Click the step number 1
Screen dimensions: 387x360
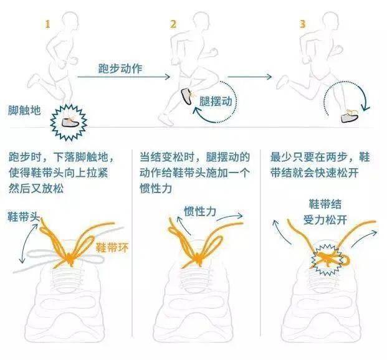[47, 24]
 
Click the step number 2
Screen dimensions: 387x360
[173, 24]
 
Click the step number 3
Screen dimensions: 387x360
[303, 24]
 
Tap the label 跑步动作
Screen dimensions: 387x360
[120, 69]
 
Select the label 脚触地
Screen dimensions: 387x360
[24, 110]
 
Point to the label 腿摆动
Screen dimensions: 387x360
[216, 102]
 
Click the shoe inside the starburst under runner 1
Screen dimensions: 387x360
[70, 122]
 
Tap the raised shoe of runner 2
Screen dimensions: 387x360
[187, 97]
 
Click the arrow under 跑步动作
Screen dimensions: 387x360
[124, 77]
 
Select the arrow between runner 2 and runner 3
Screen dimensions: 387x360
[249, 77]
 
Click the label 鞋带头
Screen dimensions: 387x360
[24, 217]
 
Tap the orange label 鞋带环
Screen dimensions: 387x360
[112, 247]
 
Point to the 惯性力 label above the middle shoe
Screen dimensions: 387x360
[200, 212]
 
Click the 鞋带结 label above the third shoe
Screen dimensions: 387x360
[325, 204]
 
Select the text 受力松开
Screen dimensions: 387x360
[325, 220]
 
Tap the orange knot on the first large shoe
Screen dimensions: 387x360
[70, 259]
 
